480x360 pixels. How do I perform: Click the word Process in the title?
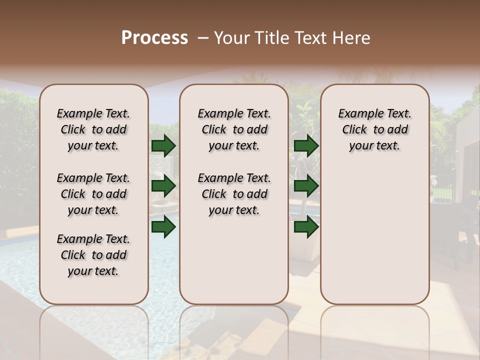pyautogui.click(x=154, y=38)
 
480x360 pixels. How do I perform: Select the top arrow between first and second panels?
pyautogui.click(x=163, y=145)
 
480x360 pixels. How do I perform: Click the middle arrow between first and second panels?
pyautogui.click(x=163, y=186)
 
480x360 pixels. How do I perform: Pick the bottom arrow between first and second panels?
pyautogui.click(x=163, y=227)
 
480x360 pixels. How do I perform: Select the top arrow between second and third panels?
pyautogui.click(x=306, y=145)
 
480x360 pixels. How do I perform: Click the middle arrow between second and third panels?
pyautogui.click(x=306, y=186)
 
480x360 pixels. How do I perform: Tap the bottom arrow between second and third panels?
pyautogui.click(x=306, y=227)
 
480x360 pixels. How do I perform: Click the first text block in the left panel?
pyautogui.click(x=93, y=129)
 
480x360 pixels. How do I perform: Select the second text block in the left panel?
pyautogui.click(x=93, y=194)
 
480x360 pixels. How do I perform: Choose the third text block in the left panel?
pyautogui.click(x=93, y=255)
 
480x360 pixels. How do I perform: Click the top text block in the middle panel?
pyautogui.click(x=234, y=129)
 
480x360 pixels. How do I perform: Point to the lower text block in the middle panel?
pyautogui.click(x=234, y=194)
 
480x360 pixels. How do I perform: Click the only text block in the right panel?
pyautogui.click(x=374, y=129)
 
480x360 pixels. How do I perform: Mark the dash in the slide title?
pyautogui.click(x=203, y=38)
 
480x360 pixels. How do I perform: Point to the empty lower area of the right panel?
pyautogui.click(x=374, y=235)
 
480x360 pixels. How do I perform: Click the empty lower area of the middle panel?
pyautogui.click(x=234, y=260)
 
